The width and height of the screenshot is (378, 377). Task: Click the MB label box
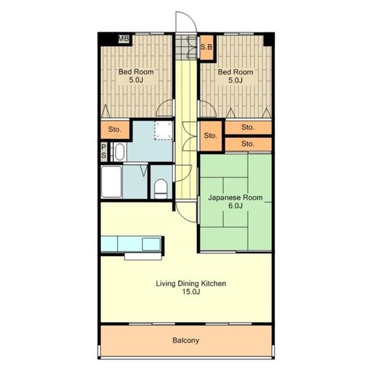pyautogui.click(x=123, y=39)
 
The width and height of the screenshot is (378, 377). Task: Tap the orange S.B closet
pyautogui.click(x=207, y=47)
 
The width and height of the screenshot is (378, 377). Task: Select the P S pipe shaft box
pyautogui.click(x=104, y=152)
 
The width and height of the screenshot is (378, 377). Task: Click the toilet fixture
pyautogui.click(x=161, y=188)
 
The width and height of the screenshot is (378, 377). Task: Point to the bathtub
pyautogui.click(x=111, y=182)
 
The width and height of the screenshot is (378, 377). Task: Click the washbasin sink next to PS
pyautogui.click(x=120, y=152)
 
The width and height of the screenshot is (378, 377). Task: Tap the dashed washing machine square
pyautogui.click(x=164, y=130)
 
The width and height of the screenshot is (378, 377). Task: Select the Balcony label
pyautogui.click(x=186, y=340)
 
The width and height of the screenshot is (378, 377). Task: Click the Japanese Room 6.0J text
pyautogui.click(x=235, y=201)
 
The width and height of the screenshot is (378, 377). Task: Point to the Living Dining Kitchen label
pyautogui.click(x=191, y=287)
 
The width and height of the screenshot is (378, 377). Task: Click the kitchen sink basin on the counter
pyautogui.click(x=151, y=244)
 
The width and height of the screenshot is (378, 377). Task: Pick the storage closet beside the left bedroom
pyautogui.click(x=115, y=130)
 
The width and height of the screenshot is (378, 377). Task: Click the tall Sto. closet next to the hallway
pyautogui.click(x=211, y=136)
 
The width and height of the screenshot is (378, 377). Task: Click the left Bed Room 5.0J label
pyautogui.click(x=136, y=76)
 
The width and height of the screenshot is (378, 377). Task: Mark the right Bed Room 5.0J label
pyautogui.click(x=235, y=76)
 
